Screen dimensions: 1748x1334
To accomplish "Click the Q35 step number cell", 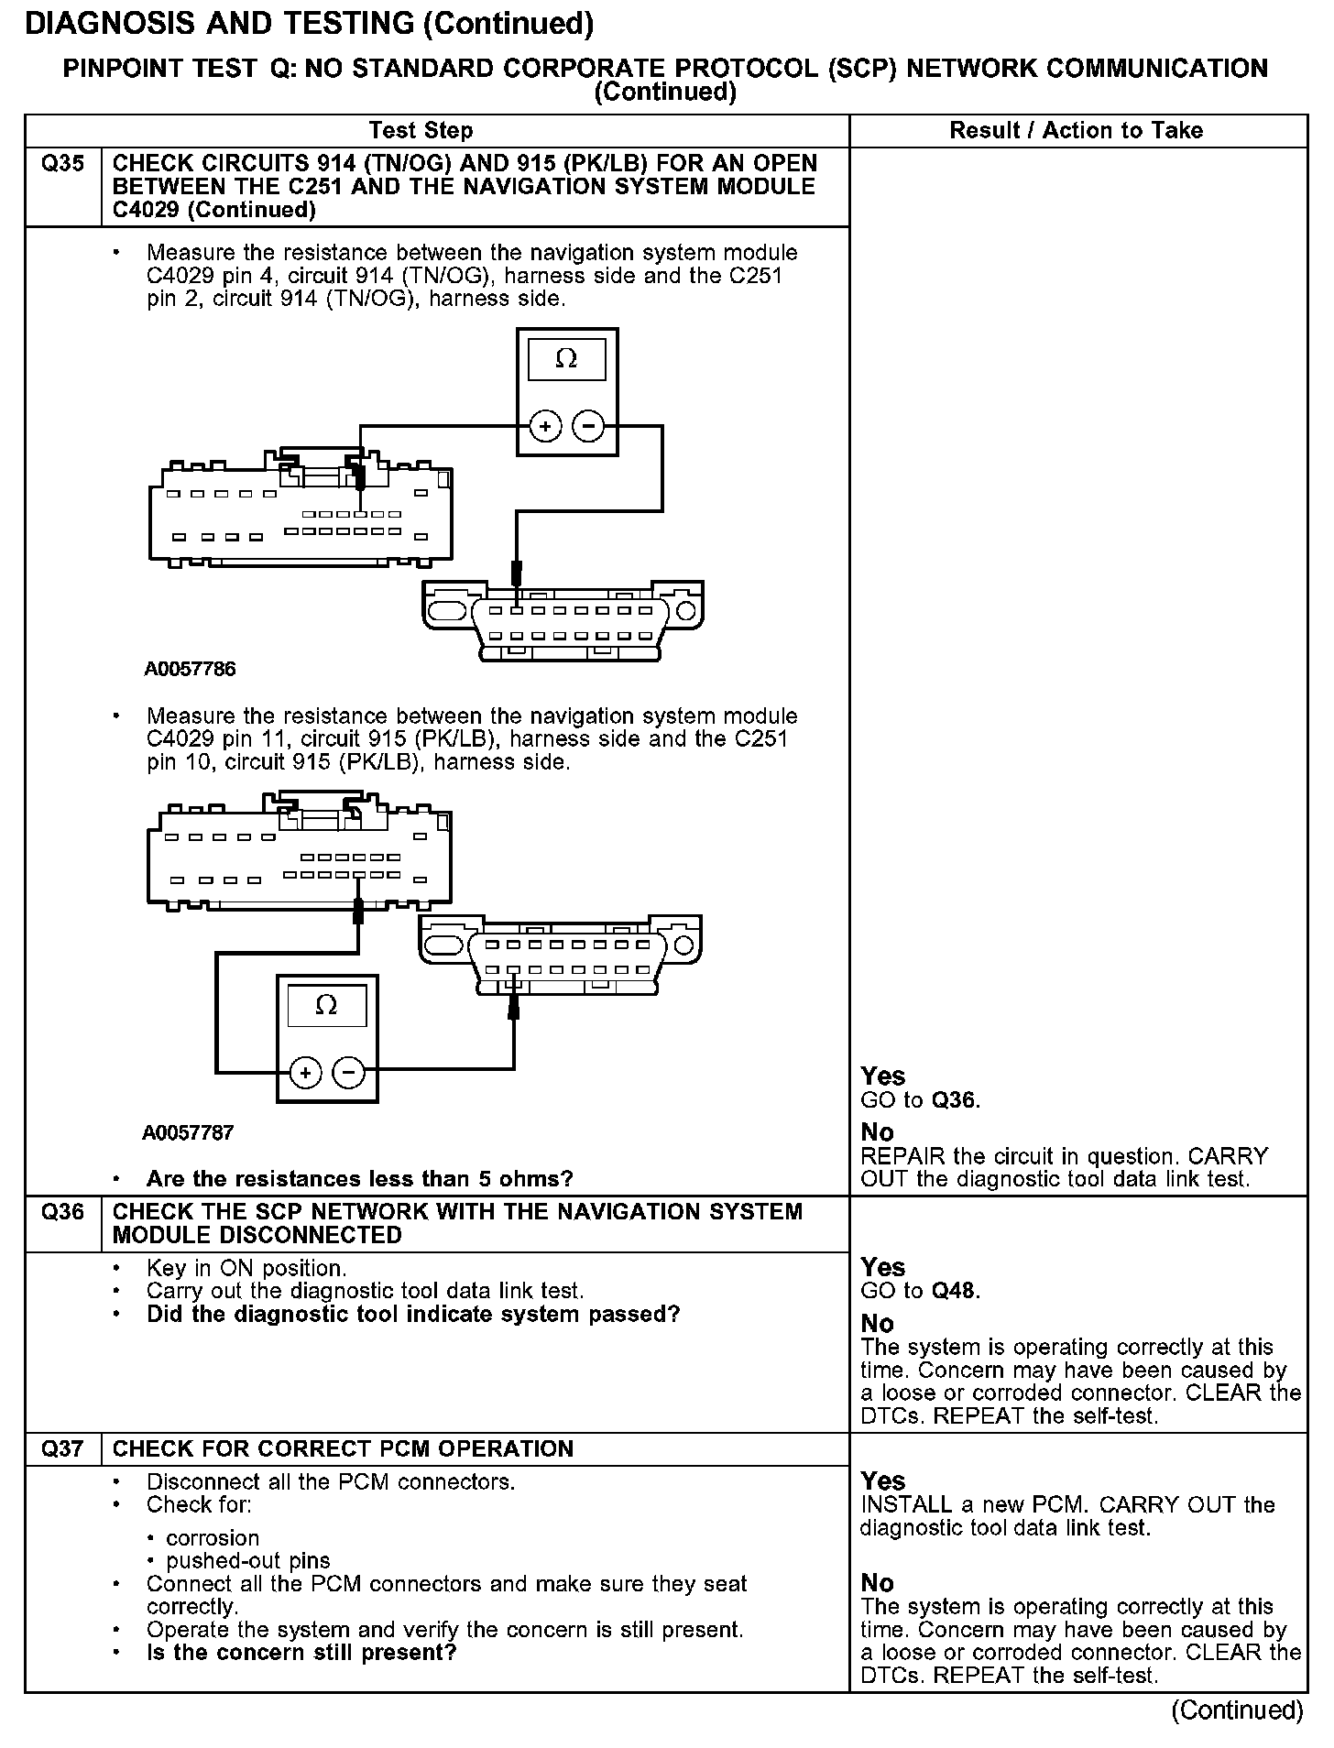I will pos(62,164).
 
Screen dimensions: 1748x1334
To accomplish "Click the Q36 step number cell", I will pos(62,1212).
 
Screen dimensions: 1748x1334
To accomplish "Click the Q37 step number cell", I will pos(62,1448).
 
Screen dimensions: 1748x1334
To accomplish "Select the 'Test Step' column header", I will pos(421,131).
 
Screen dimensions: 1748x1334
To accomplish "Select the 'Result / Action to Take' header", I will pos(1076,131).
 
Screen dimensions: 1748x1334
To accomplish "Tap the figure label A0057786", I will pos(190,669).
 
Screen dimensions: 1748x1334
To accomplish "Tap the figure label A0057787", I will pos(188,1132).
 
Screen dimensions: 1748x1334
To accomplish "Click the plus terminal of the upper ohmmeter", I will pos(545,426).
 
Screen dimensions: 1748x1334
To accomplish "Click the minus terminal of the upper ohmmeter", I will pos(588,426).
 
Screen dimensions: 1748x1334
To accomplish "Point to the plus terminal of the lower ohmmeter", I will pos(306,1072).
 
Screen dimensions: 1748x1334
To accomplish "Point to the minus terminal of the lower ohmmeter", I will pos(348,1072).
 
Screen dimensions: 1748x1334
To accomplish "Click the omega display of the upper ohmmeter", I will pos(566,359).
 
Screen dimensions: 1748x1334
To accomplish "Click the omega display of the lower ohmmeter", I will pos(326,1006).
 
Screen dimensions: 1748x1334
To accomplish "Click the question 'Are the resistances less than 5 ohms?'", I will pos(359,1178).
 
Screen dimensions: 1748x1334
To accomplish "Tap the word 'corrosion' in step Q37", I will pos(213,1537).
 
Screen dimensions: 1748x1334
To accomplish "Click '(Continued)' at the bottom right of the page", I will pos(1237,1710).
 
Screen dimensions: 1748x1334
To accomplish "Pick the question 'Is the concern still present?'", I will pos(301,1653).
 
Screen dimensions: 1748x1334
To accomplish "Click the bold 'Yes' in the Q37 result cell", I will pos(882,1481).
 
